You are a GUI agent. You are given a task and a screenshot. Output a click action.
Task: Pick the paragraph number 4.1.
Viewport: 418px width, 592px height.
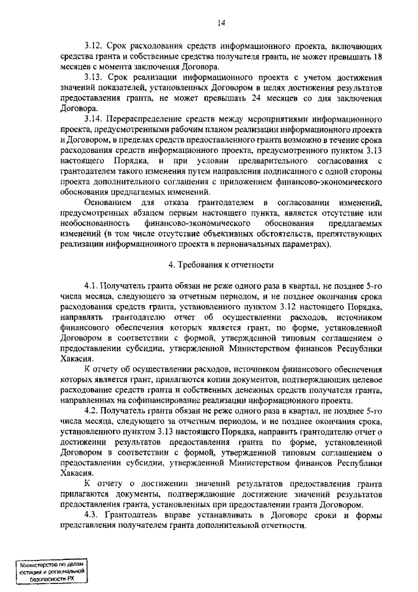[x=93, y=287]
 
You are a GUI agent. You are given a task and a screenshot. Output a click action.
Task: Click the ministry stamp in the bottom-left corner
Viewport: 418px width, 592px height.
[x=53, y=570]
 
